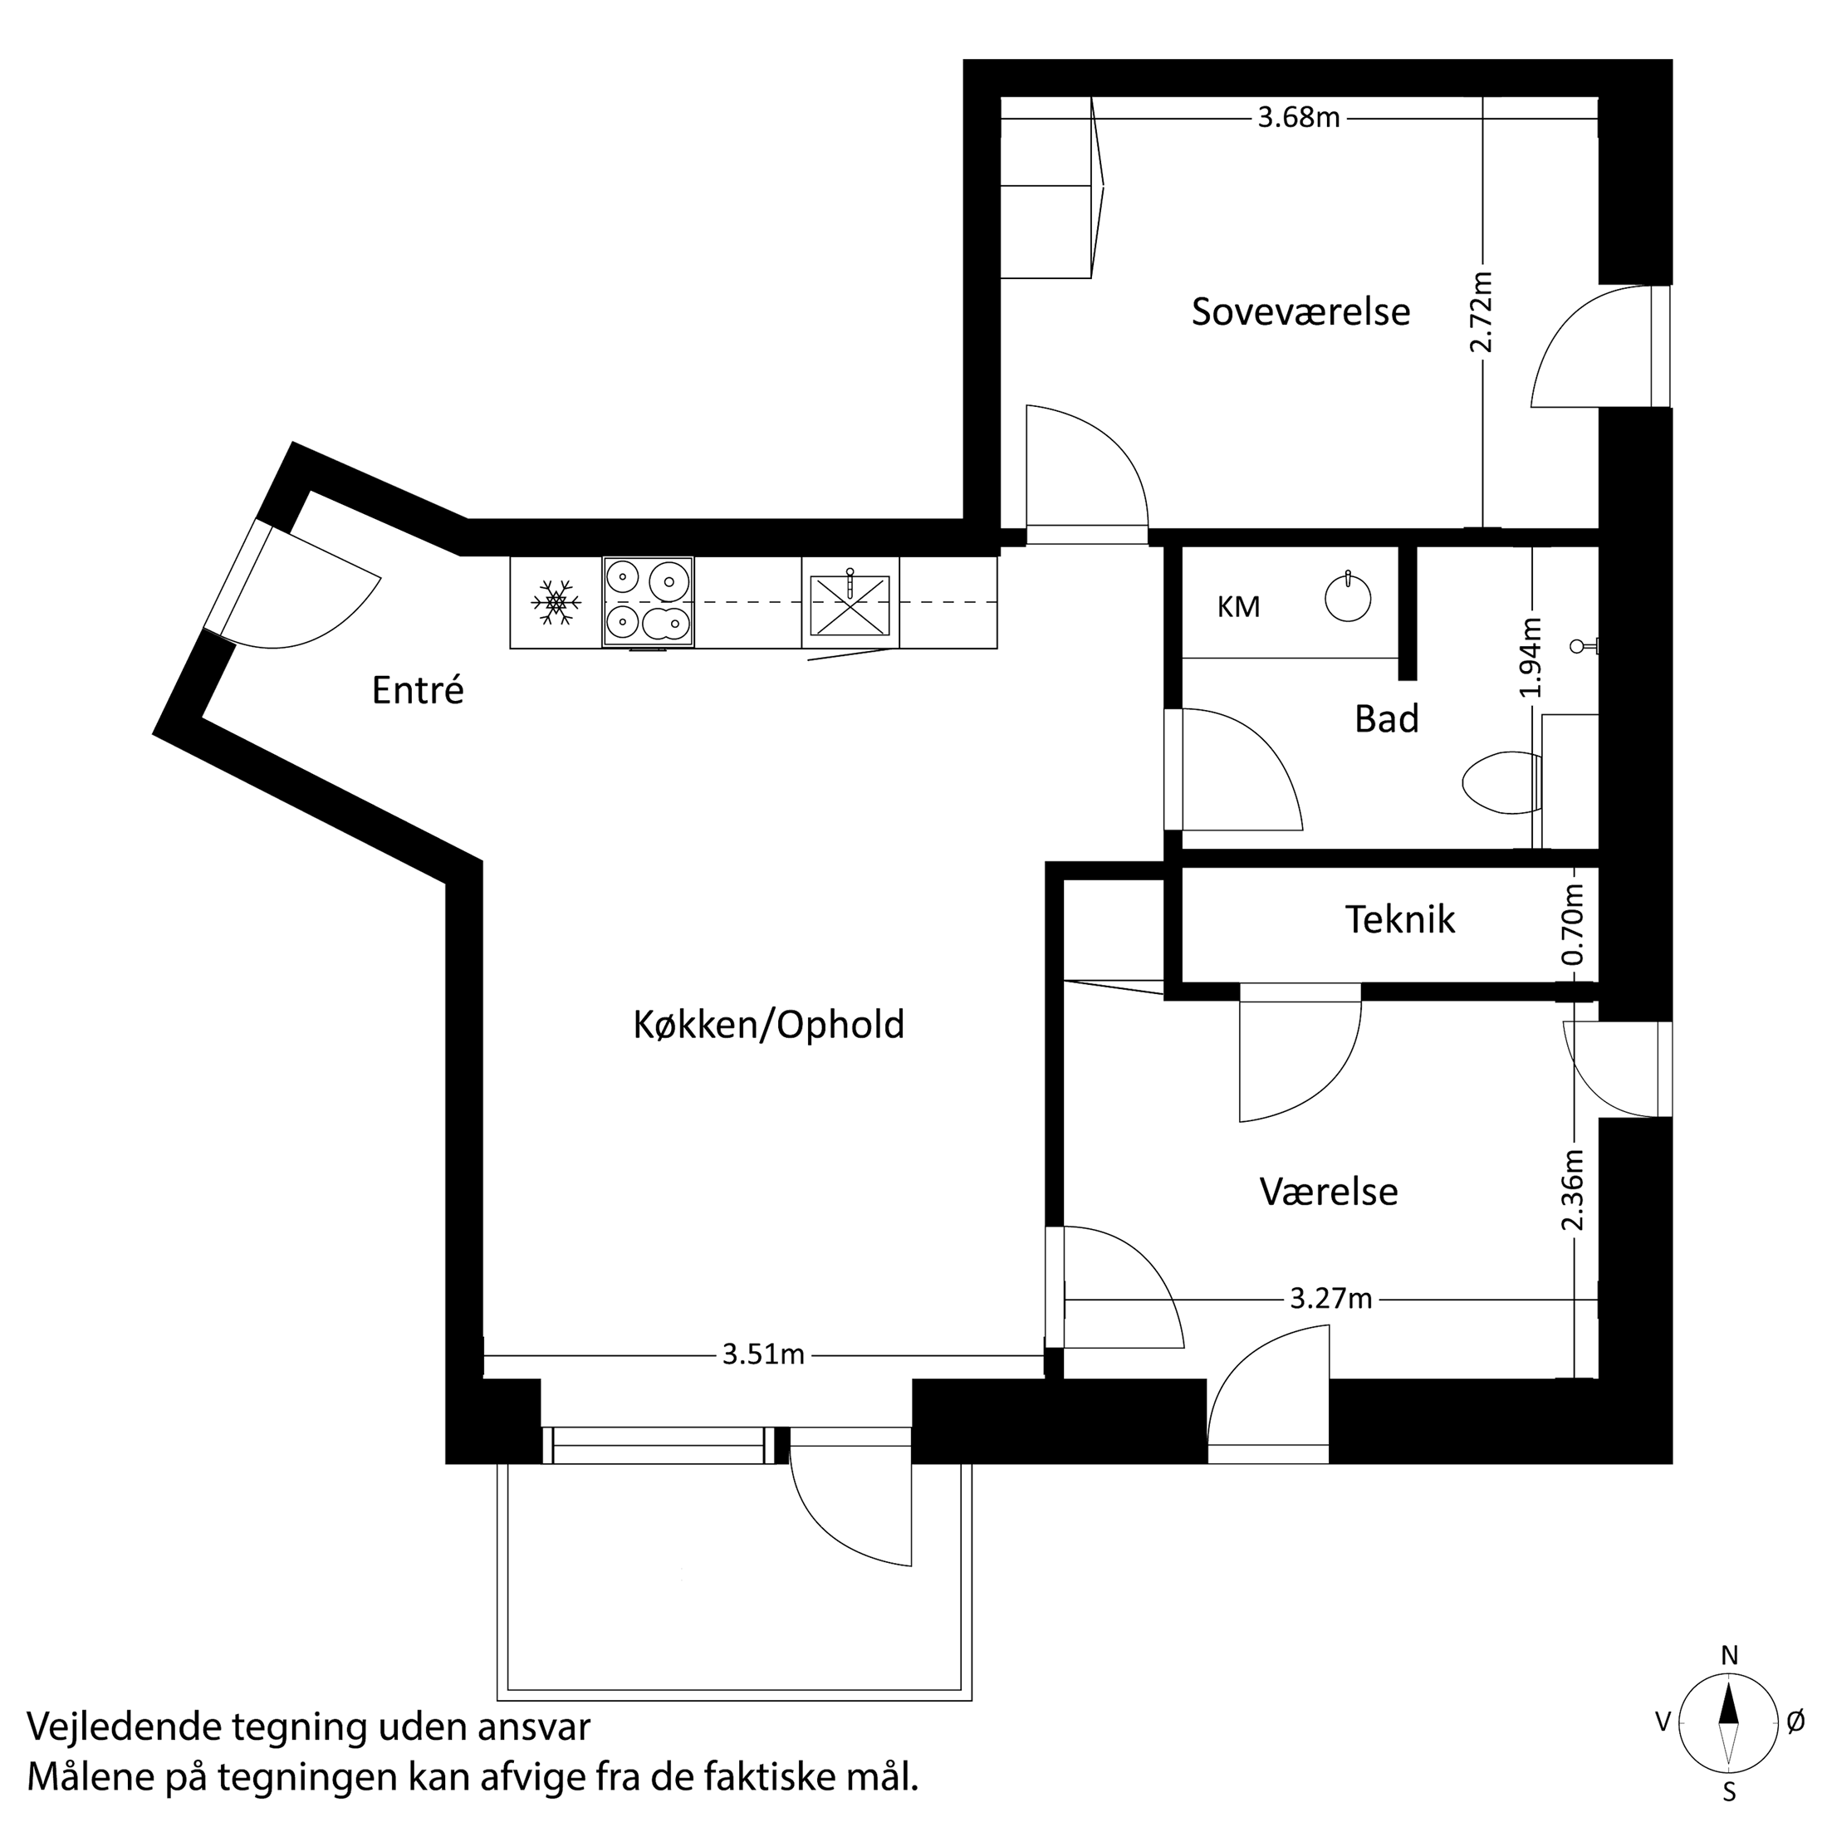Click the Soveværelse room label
point(1300,312)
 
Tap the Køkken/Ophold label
point(768,1025)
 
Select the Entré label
point(418,690)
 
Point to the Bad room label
point(1386,720)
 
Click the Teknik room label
point(1399,919)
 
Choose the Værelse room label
point(1329,1192)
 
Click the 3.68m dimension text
point(1298,118)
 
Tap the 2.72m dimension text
point(1481,312)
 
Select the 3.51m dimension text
point(763,1355)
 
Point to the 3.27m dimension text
point(1330,1298)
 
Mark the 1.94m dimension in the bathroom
point(1531,657)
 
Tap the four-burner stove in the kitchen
point(648,602)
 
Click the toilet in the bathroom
point(1499,782)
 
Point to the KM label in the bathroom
point(1238,607)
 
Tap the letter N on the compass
point(1730,1655)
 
